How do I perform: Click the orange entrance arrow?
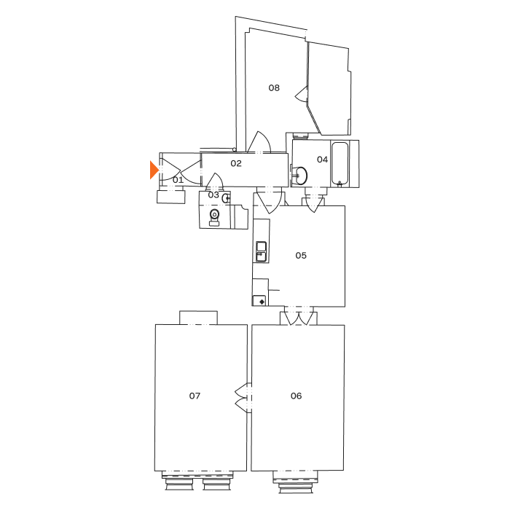154,170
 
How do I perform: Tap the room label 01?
178,178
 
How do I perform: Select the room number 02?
236,163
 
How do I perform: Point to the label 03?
213,195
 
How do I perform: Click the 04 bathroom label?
322,160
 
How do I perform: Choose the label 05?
301,255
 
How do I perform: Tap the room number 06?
296,396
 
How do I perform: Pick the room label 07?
195,396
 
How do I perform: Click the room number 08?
274,87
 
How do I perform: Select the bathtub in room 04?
341,163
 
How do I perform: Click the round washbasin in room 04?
299,175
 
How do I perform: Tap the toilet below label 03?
213,216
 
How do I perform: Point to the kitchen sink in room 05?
261,252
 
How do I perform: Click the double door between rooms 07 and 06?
243,397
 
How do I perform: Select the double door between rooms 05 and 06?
299,316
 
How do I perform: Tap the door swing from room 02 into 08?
259,144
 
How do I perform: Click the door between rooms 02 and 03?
214,181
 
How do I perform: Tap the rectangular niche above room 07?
198,318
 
